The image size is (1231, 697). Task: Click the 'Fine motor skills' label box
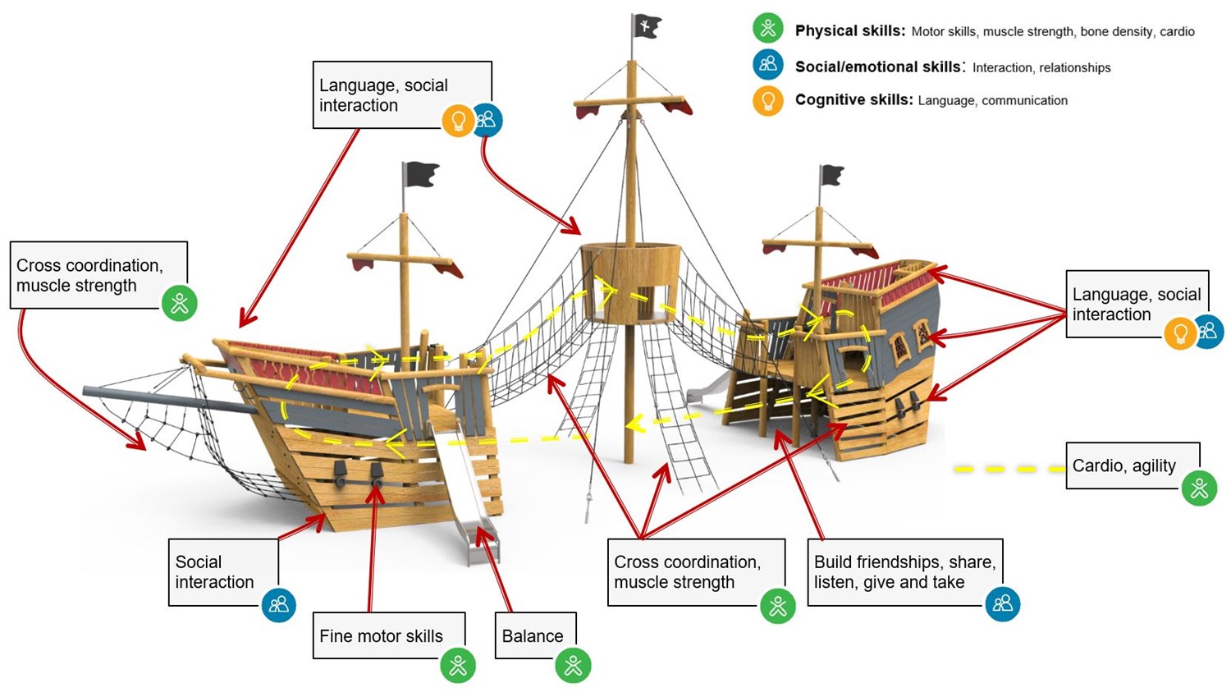pos(389,635)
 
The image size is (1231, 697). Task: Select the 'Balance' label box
pos(536,635)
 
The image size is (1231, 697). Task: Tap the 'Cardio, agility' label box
pos(1133,465)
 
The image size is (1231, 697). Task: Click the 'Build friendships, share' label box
pos(905,572)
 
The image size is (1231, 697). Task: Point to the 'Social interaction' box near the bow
pos(223,572)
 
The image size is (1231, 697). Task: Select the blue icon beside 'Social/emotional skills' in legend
pos(767,64)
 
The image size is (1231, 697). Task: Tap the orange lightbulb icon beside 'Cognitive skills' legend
pos(767,101)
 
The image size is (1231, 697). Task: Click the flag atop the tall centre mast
pos(647,25)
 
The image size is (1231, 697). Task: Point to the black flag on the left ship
pos(420,175)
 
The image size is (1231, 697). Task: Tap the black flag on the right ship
pos(831,176)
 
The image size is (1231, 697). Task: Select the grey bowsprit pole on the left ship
pos(171,400)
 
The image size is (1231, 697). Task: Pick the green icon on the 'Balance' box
pos(573,665)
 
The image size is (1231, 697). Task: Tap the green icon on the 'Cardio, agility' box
pos(1199,488)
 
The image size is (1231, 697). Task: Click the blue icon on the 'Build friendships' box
pos(1002,603)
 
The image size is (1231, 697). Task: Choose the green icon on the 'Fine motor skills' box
pos(458,665)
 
